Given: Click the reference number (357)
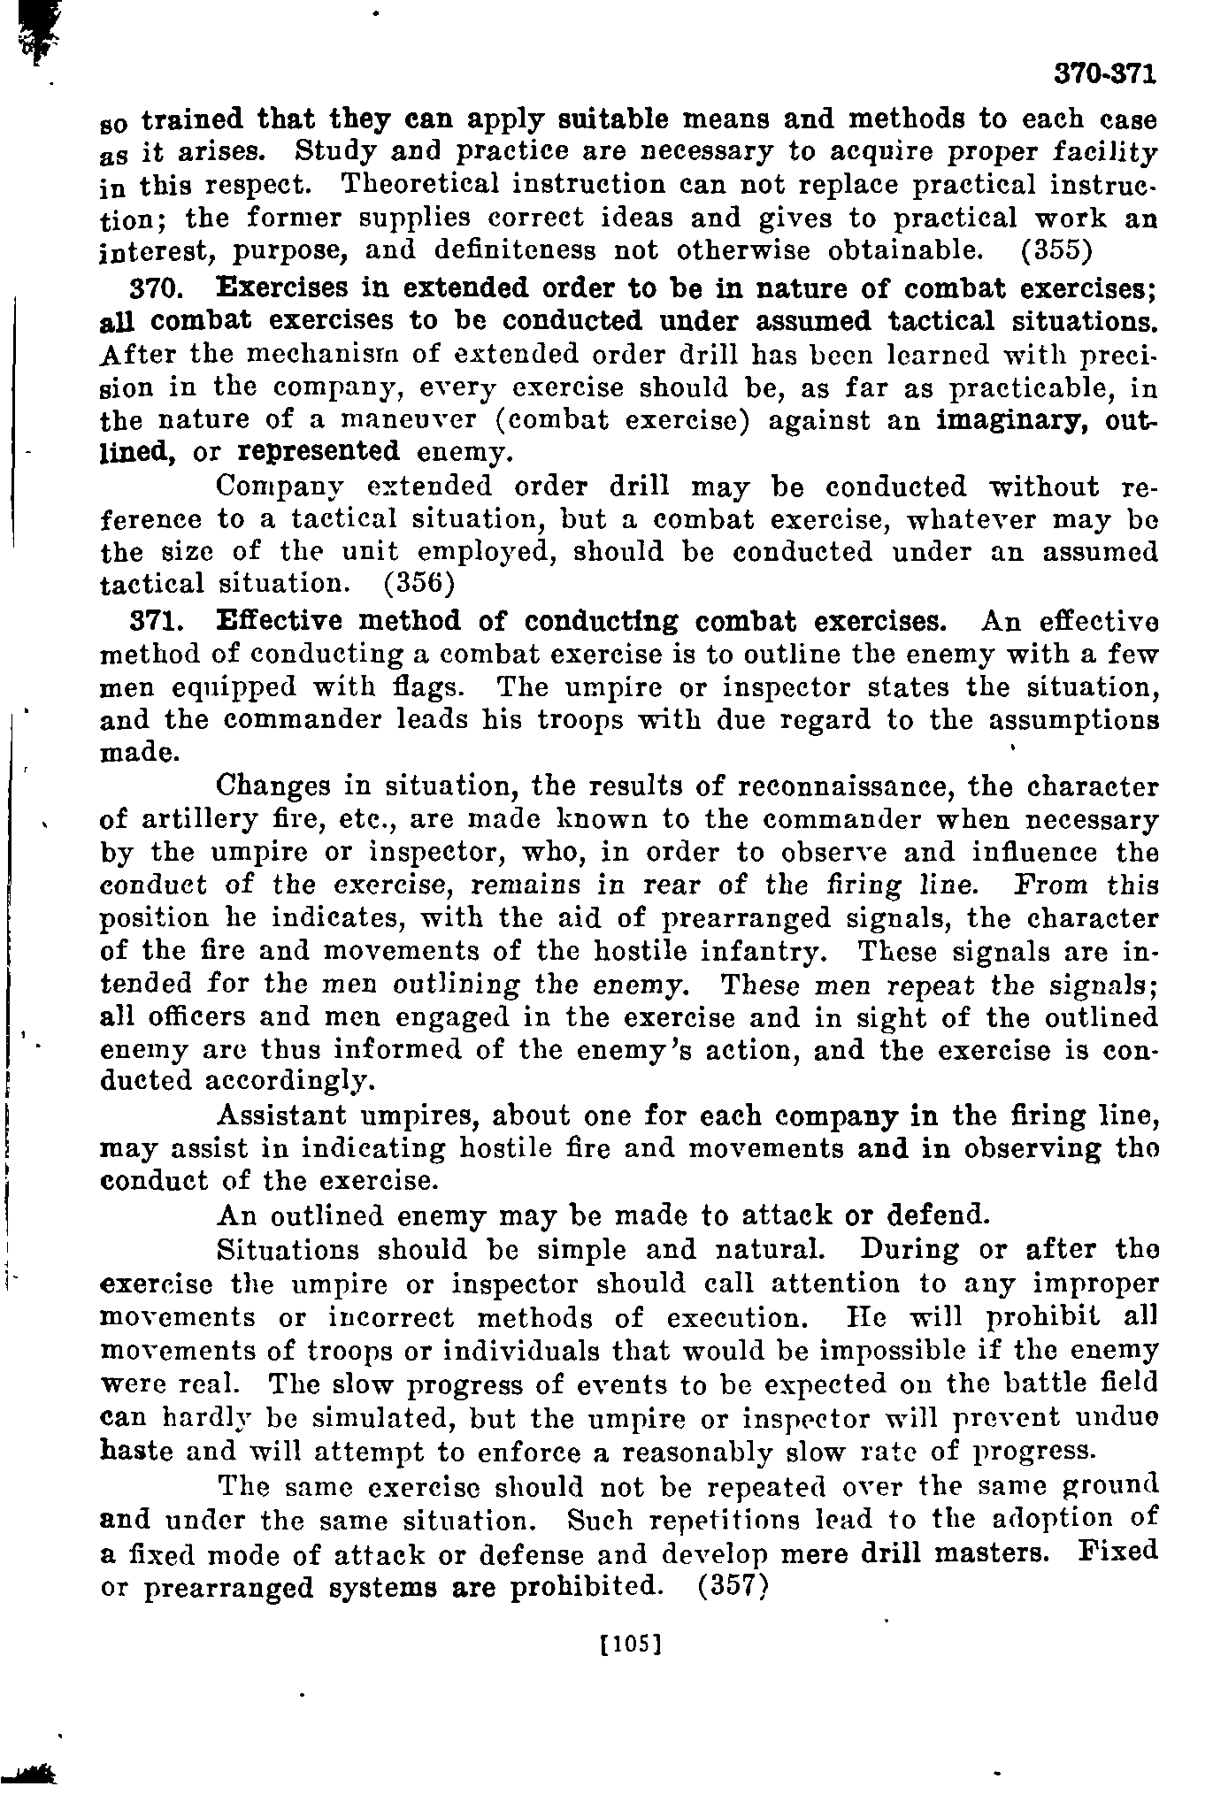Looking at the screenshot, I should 731,1587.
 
